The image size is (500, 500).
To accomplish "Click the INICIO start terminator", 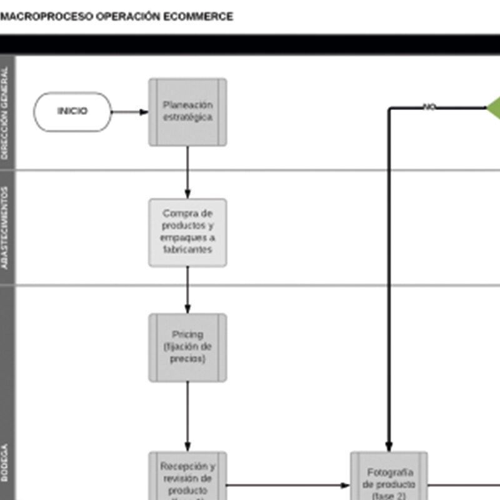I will point(72,112).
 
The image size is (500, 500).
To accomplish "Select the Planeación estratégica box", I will point(187,112).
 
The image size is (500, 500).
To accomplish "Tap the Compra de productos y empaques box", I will point(187,232).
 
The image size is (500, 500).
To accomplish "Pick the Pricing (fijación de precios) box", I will point(187,347).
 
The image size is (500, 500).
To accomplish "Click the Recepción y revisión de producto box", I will point(187,478).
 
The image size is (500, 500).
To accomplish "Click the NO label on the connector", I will point(429,107).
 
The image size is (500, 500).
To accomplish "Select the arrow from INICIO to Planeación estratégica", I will point(130,112).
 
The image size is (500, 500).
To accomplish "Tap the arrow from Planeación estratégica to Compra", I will point(187,172).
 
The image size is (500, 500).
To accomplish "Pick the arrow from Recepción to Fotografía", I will point(287,485).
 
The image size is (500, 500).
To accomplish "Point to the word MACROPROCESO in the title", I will point(47,17).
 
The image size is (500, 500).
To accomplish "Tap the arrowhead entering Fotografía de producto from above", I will point(389,446).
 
